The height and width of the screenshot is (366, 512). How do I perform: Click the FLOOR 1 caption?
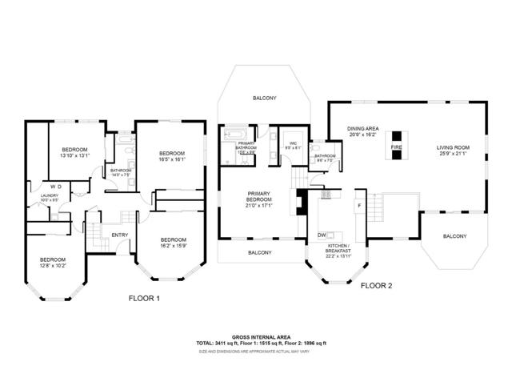(145, 298)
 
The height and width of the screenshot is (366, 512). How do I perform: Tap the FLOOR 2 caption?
(376, 285)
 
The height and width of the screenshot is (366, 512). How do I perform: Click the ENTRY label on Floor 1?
(120, 235)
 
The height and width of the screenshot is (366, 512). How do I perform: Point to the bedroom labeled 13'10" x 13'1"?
(74, 153)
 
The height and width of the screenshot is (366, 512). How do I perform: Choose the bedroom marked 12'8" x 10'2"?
(53, 262)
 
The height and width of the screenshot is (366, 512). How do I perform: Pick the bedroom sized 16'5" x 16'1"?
(171, 156)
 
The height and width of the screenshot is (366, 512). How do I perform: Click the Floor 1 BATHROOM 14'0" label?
(121, 172)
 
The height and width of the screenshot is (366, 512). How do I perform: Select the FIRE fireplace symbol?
(395, 148)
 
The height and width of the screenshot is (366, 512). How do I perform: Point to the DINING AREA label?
(362, 131)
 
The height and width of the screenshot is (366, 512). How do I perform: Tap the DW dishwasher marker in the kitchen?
(321, 235)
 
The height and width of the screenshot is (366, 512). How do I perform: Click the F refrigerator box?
(359, 205)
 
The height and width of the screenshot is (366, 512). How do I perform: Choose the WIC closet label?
(293, 145)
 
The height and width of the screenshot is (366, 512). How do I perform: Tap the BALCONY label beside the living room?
(455, 236)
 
